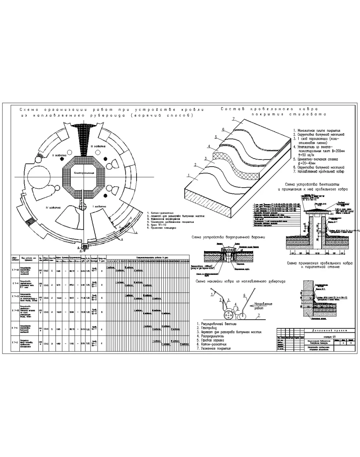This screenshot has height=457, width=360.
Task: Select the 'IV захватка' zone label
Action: (52, 207)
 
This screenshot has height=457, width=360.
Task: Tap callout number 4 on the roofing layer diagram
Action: (209, 147)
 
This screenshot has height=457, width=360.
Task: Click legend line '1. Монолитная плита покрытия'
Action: (316, 130)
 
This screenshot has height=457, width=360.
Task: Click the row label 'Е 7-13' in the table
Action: (15, 296)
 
